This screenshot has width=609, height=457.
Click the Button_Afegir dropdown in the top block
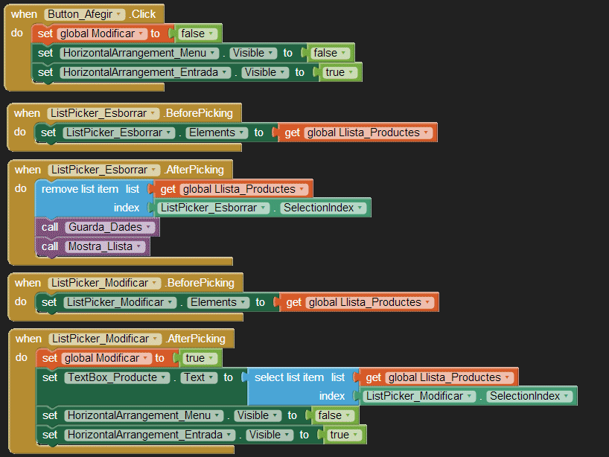[x=85, y=15]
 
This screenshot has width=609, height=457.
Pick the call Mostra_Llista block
[x=92, y=246]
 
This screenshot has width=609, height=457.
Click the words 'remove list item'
[x=80, y=189]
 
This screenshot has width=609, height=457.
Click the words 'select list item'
[x=289, y=377]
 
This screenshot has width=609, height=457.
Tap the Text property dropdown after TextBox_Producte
[x=198, y=377]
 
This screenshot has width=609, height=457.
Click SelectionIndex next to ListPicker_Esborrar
[x=322, y=208]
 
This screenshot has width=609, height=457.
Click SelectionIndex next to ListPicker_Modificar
[x=529, y=396]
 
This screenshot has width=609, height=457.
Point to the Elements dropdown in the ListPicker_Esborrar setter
[x=215, y=132]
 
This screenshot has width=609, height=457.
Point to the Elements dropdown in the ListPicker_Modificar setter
[x=217, y=302]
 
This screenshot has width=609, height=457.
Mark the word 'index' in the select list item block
[x=332, y=396]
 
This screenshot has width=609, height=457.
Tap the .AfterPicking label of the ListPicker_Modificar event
[x=197, y=339]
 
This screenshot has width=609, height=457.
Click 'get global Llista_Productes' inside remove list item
[x=232, y=189]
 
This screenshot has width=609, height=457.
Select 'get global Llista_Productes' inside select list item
[x=439, y=377]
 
